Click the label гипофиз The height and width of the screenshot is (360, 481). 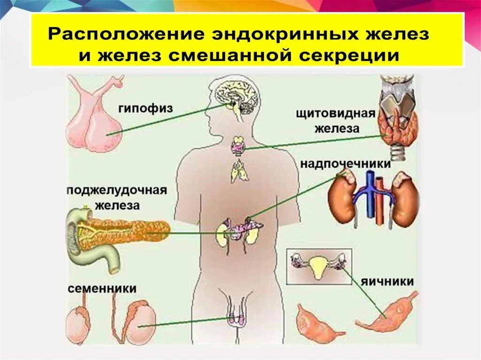(145, 108)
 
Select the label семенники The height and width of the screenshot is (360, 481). (102, 288)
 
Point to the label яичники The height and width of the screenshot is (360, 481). (388, 282)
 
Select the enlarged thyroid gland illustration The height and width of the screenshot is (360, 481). (399, 127)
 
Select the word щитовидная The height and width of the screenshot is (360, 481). (335, 114)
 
